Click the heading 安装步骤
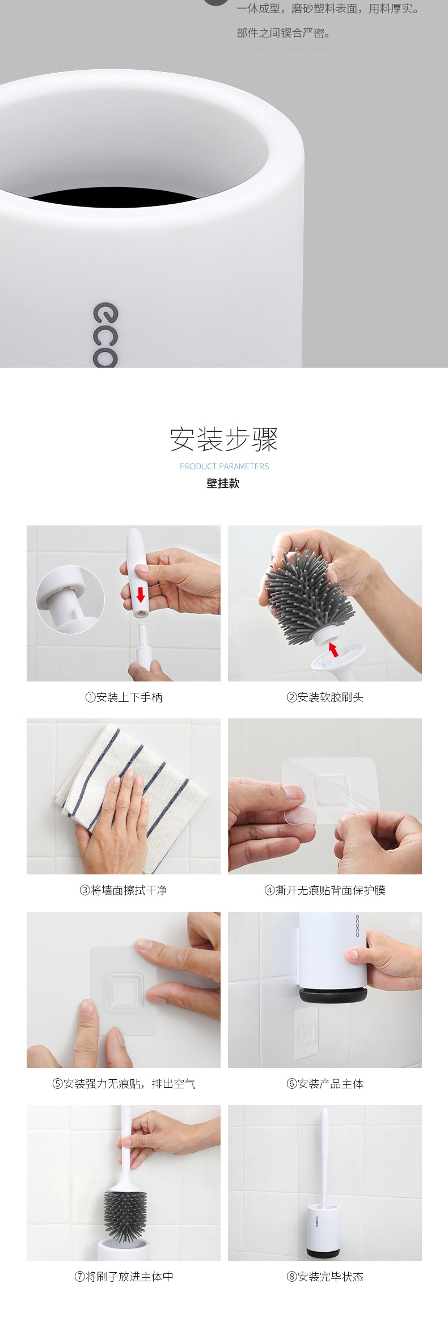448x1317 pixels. (x=224, y=439)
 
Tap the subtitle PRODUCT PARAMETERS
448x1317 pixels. (x=224, y=466)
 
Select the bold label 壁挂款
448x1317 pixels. (x=223, y=483)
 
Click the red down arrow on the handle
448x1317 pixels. (x=141, y=595)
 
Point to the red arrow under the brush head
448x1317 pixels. (x=333, y=649)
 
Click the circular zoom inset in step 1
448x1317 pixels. (x=70, y=599)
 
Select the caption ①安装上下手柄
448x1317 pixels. (x=124, y=697)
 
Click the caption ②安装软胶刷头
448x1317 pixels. (x=325, y=697)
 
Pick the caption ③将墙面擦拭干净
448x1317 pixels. (x=124, y=890)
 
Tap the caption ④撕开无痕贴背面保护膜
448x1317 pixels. (x=325, y=890)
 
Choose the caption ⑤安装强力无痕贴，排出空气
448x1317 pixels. (x=124, y=1084)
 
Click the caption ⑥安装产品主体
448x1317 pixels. (x=325, y=1084)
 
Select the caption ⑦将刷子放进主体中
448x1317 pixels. (x=124, y=1277)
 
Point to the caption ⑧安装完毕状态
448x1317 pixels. (x=325, y=1277)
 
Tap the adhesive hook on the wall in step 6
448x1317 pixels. (x=307, y=1034)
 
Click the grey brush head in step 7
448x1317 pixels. (x=125, y=1214)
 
